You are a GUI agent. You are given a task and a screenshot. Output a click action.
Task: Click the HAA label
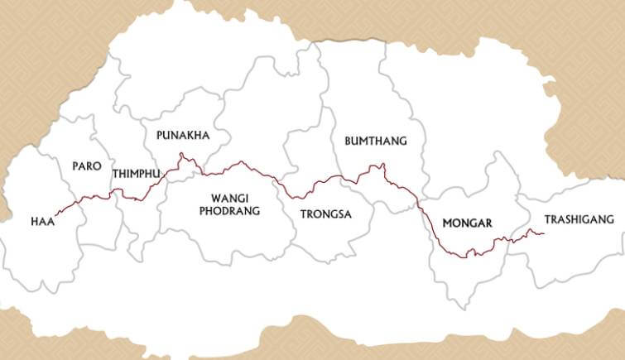pyautogui.click(x=42, y=221)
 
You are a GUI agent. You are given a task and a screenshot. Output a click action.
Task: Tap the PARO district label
pyautogui.click(x=87, y=166)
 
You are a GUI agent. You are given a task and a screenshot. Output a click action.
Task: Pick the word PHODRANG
pyautogui.click(x=224, y=211)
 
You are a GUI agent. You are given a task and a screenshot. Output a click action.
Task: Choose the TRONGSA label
pyautogui.click(x=326, y=214)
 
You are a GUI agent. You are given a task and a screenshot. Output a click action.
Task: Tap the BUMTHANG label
pyautogui.click(x=376, y=141)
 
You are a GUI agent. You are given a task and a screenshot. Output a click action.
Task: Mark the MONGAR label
pyautogui.click(x=468, y=223)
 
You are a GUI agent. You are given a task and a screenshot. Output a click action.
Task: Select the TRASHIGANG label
pyautogui.click(x=579, y=219)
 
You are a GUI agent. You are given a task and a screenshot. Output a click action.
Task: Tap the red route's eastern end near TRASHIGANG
pyautogui.click(x=544, y=233)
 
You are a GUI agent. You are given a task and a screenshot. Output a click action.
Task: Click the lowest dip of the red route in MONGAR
pyautogui.click(x=468, y=256)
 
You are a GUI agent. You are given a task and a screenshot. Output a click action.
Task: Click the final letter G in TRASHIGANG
pyautogui.click(x=610, y=219)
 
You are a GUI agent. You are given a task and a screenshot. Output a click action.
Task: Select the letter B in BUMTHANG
pyautogui.click(x=348, y=141)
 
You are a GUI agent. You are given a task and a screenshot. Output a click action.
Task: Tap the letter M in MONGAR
pyautogui.click(x=448, y=223)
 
